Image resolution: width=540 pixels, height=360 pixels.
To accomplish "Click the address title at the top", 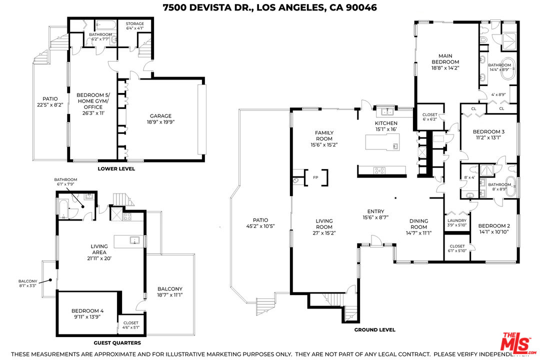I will (x=270, y=7).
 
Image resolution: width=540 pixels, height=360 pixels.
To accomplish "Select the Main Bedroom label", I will (x=445, y=62).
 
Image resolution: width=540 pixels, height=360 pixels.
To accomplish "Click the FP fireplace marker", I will (x=315, y=177).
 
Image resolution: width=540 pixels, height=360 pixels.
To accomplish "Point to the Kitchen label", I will (x=386, y=123).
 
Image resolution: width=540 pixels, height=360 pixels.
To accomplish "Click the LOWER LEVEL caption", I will (x=116, y=169).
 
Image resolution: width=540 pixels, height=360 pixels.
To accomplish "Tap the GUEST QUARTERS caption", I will (x=117, y=343).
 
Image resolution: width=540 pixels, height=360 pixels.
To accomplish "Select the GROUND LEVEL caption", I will (x=374, y=329).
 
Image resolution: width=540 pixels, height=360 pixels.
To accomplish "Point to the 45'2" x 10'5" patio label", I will (x=260, y=223).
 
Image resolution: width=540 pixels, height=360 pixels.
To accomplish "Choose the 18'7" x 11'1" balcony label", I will (x=169, y=292).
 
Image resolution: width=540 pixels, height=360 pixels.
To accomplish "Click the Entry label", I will (x=375, y=214).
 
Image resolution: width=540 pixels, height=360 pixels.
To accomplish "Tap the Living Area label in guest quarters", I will (x=99, y=248).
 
